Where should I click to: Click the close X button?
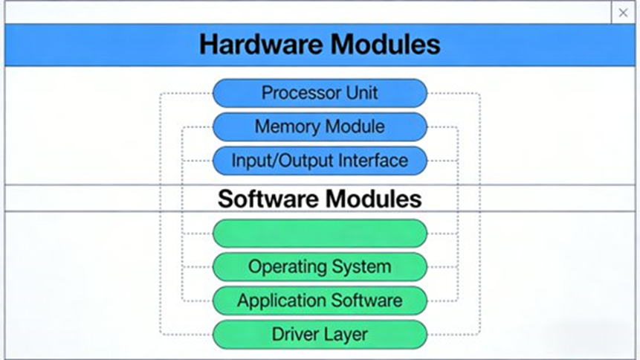623,13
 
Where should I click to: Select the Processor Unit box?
320,93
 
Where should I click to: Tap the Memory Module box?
320,126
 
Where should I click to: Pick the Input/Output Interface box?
320,161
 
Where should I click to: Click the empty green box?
320,233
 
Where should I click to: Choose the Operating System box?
320,266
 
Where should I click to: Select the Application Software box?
320,300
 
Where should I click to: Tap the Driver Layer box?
320,334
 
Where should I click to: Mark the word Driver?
295,334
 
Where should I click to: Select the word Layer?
346,334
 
